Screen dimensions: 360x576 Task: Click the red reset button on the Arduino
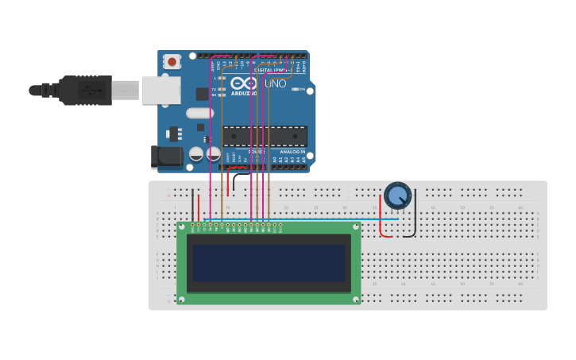click(x=172, y=61)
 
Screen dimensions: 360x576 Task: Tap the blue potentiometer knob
click(x=397, y=195)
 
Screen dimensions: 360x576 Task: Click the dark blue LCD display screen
click(x=269, y=263)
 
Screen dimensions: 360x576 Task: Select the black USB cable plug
click(x=83, y=90)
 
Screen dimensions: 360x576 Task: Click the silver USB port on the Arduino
click(x=161, y=90)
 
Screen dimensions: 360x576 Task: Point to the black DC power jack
click(x=166, y=157)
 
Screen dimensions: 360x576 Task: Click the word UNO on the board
click(x=275, y=83)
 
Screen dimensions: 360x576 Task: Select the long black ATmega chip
click(x=264, y=136)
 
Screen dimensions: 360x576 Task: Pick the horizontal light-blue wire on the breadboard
click(x=302, y=219)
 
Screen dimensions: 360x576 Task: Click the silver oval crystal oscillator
click(x=200, y=113)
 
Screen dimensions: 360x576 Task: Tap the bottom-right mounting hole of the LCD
click(x=356, y=299)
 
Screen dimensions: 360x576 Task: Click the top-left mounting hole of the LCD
click(x=182, y=228)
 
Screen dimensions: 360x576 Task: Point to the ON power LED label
click(x=302, y=89)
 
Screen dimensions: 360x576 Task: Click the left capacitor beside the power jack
click(x=196, y=153)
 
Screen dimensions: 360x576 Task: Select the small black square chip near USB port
click(x=202, y=93)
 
